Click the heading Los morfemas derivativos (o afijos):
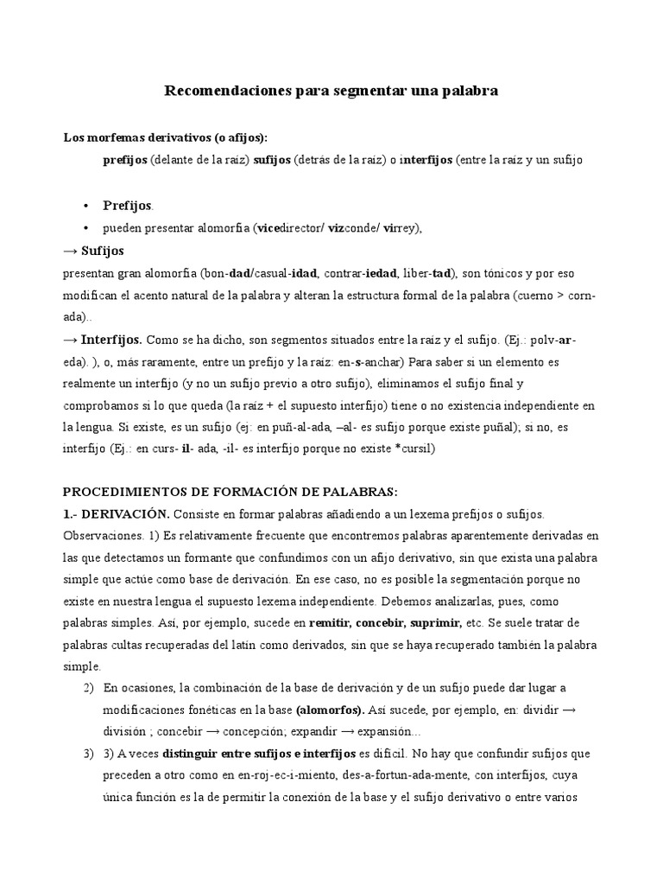(166, 137)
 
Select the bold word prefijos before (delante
(125, 160)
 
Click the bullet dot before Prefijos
(87, 206)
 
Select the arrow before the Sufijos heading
(70, 251)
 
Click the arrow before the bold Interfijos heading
(70, 341)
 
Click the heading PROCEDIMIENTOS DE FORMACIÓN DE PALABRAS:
(230, 492)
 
